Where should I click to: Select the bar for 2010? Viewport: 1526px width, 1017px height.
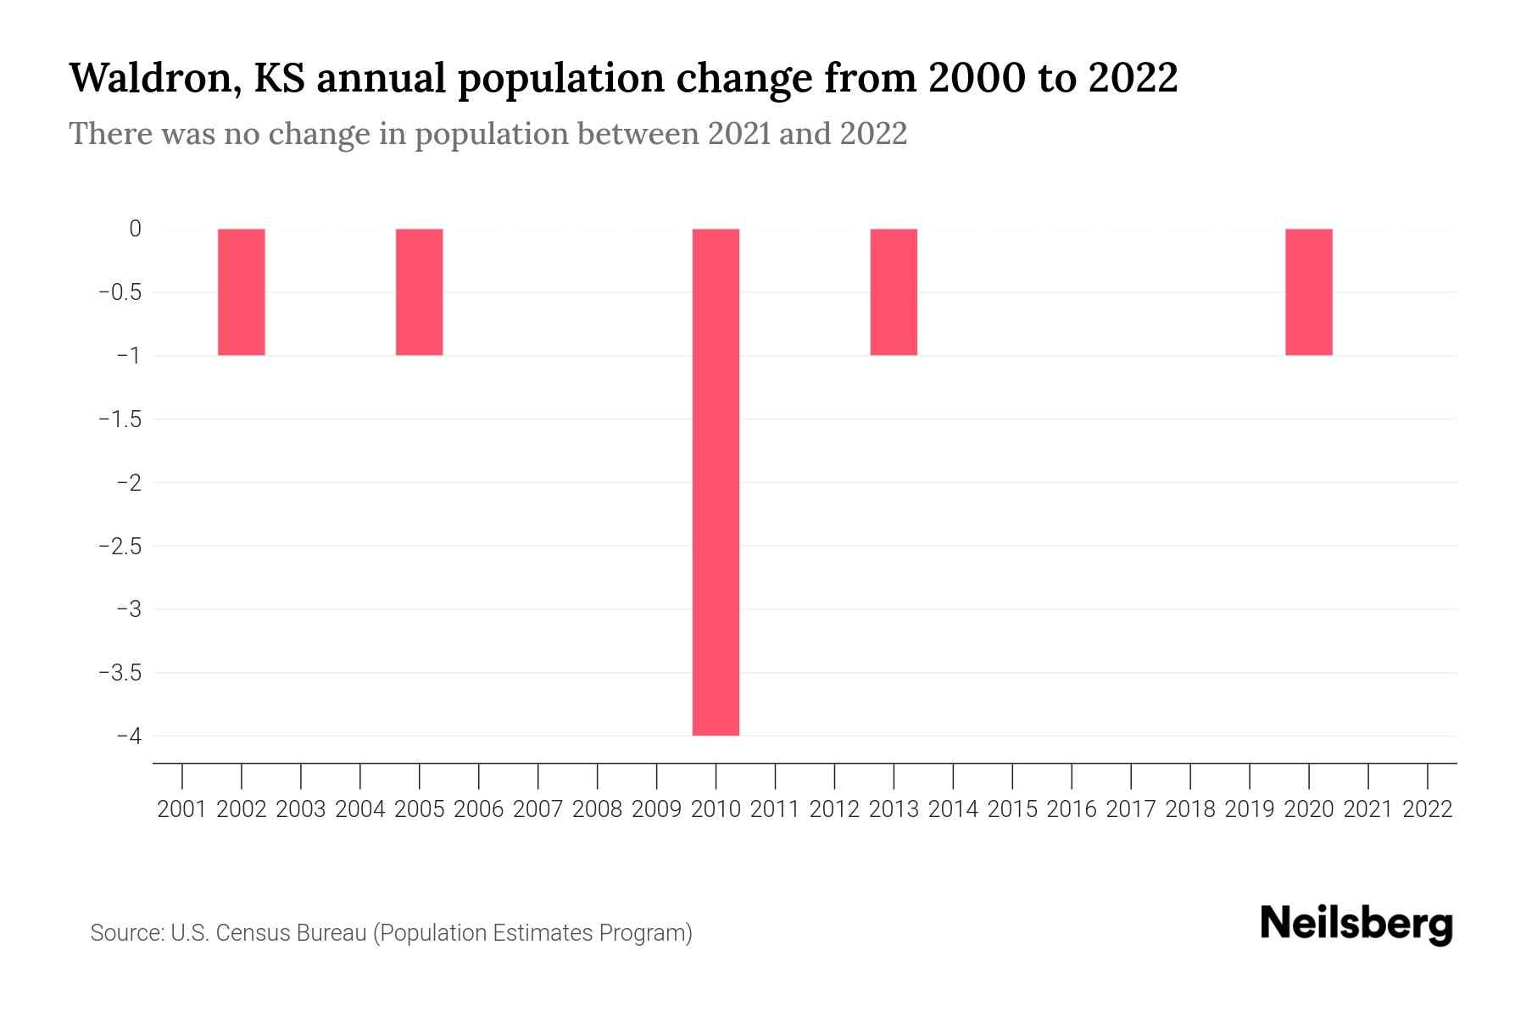716,481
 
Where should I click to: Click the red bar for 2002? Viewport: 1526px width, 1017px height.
242,292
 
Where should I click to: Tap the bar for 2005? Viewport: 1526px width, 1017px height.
419,292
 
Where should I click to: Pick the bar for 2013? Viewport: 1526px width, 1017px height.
894,292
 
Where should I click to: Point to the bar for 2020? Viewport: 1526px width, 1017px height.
1308,292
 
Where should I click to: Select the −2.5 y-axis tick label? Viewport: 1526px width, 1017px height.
120,546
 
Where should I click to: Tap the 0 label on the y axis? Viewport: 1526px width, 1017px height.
135,229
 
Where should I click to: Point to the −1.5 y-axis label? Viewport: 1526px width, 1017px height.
120,419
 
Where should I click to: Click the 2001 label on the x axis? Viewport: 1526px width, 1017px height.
182,809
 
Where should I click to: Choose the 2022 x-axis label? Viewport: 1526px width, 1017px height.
1428,809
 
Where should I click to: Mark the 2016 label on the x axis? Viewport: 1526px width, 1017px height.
1072,809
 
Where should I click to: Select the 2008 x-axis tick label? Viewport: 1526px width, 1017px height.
598,809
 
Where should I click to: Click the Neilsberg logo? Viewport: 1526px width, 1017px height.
1356,924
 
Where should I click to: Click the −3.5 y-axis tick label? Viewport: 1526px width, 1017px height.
120,673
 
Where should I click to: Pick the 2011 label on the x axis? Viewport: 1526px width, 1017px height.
775,809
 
